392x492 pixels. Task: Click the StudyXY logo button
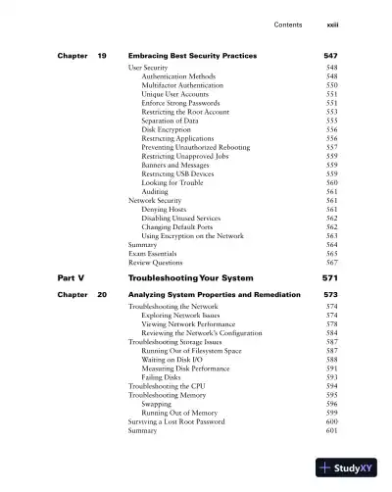[349, 468]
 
